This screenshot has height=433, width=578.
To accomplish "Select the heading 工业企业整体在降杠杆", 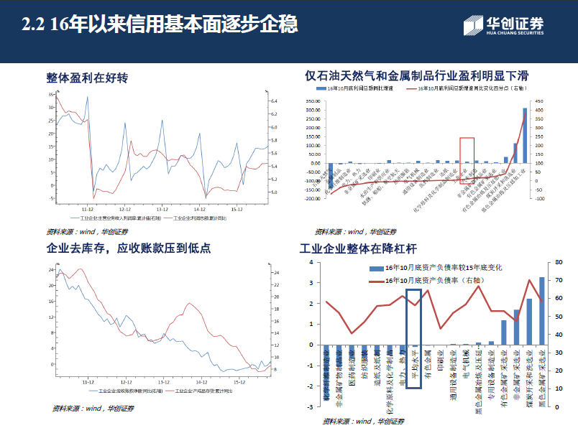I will (x=357, y=250).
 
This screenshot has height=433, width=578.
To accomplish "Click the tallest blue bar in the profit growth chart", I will (x=525, y=135).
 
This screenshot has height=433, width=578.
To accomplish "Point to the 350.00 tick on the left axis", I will (x=313, y=101).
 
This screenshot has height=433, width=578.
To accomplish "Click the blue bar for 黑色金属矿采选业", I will (x=542, y=310).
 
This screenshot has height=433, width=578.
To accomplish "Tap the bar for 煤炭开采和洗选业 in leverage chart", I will (x=529, y=321).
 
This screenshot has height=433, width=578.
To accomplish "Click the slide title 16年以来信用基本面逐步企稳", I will (x=159, y=26).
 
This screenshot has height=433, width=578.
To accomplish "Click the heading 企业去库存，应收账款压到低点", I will (x=128, y=248).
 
